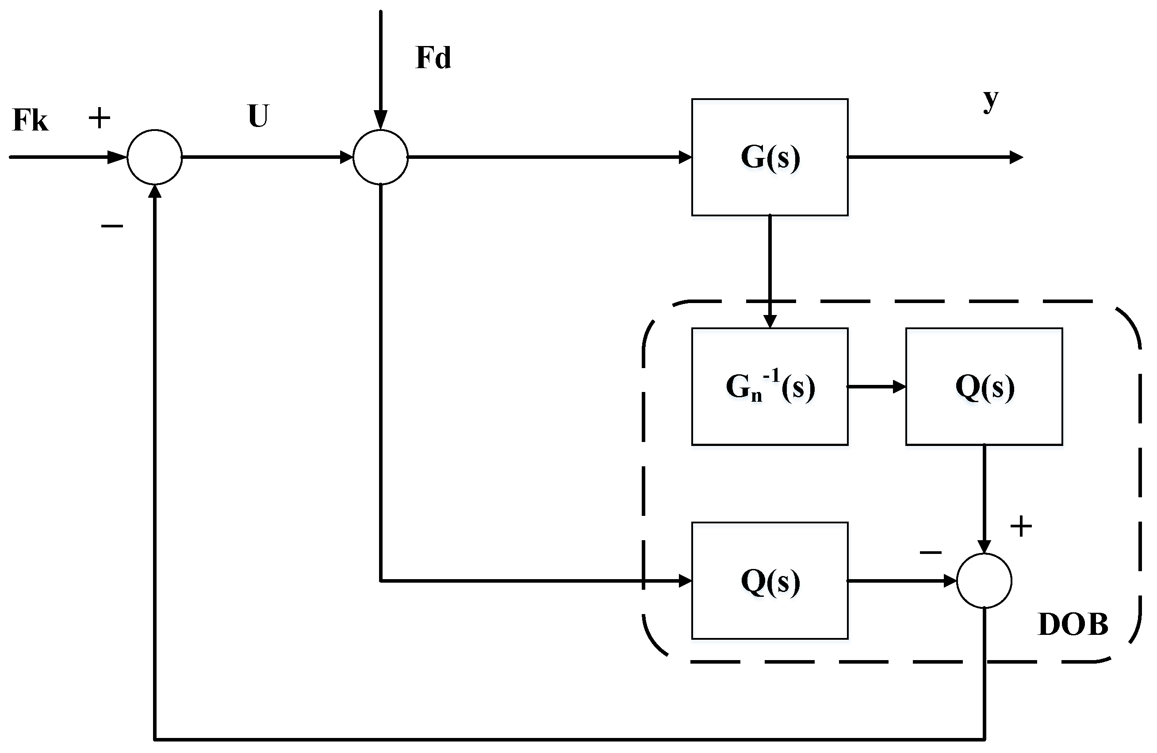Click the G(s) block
pos(770,157)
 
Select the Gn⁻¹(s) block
pos(770,386)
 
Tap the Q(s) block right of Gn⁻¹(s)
pos(984,386)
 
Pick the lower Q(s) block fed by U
pos(770,580)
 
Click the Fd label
pos(433,58)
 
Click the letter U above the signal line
pos(258,116)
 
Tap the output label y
pos(990,100)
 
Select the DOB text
pos(1073,625)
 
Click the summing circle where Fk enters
pos(155,157)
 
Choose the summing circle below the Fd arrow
pos(380,157)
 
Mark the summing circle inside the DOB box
pos(984,580)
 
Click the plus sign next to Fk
pos(99,118)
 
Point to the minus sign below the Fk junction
pos(112,226)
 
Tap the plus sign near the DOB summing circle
pos(1021,526)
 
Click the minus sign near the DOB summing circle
pos(931,552)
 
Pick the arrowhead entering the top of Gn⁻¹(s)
pos(770,321)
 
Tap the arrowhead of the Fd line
pos(380,119)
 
